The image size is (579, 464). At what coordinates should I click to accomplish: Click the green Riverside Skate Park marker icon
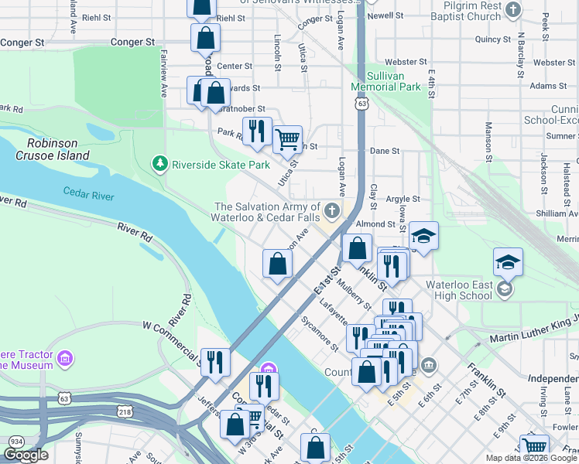160,164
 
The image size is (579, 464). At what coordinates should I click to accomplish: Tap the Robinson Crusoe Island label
58,149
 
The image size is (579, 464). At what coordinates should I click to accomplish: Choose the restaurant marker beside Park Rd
257,131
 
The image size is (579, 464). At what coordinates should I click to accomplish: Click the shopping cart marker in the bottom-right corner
534,447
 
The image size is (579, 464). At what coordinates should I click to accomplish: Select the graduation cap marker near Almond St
423,237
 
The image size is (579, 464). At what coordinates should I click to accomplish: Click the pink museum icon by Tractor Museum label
65,359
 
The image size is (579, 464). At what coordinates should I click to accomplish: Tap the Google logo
26,455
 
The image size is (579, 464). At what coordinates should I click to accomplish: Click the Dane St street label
385,152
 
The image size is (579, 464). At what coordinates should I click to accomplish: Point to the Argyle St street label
403,199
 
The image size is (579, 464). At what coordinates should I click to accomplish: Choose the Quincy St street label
493,39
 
